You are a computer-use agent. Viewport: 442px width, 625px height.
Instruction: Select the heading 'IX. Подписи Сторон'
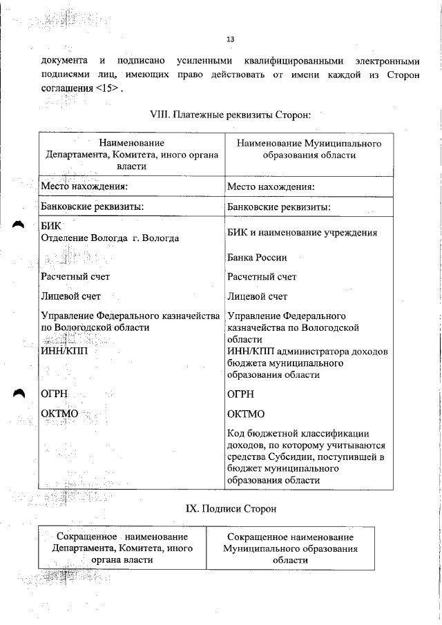[x=231, y=509]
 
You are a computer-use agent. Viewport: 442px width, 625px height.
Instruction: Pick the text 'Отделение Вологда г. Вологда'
[x=110, y=238]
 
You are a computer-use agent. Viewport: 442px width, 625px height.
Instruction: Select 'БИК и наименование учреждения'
[x=302, y=233]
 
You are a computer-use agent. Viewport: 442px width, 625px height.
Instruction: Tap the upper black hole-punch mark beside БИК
[x=19, y=224]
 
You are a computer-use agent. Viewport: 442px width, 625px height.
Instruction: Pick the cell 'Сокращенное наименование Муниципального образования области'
[x=290, y=548]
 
